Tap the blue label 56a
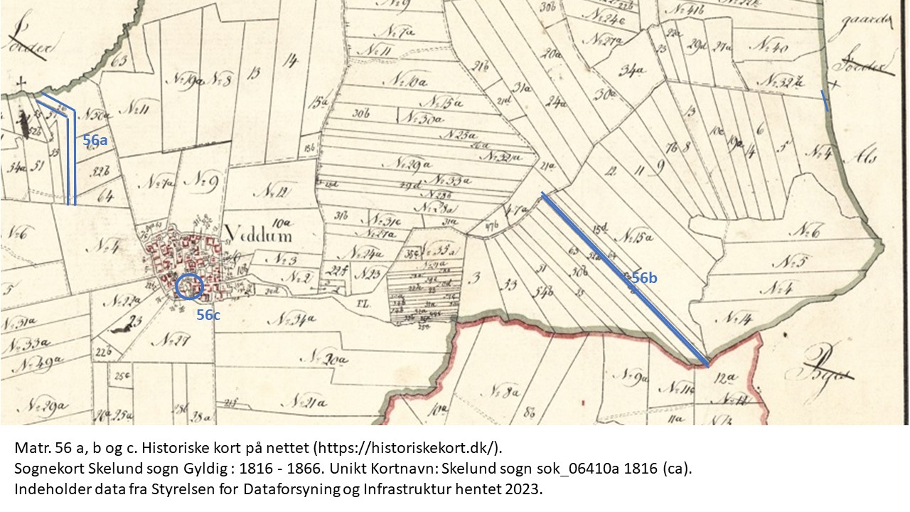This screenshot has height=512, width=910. [95, 141]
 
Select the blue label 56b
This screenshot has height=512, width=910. [644, 278]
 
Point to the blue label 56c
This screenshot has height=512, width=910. [208, 315]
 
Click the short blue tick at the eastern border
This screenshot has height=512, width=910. [825, 101]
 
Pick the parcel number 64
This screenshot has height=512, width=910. [105, 195]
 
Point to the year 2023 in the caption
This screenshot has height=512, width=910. [526, 491]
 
